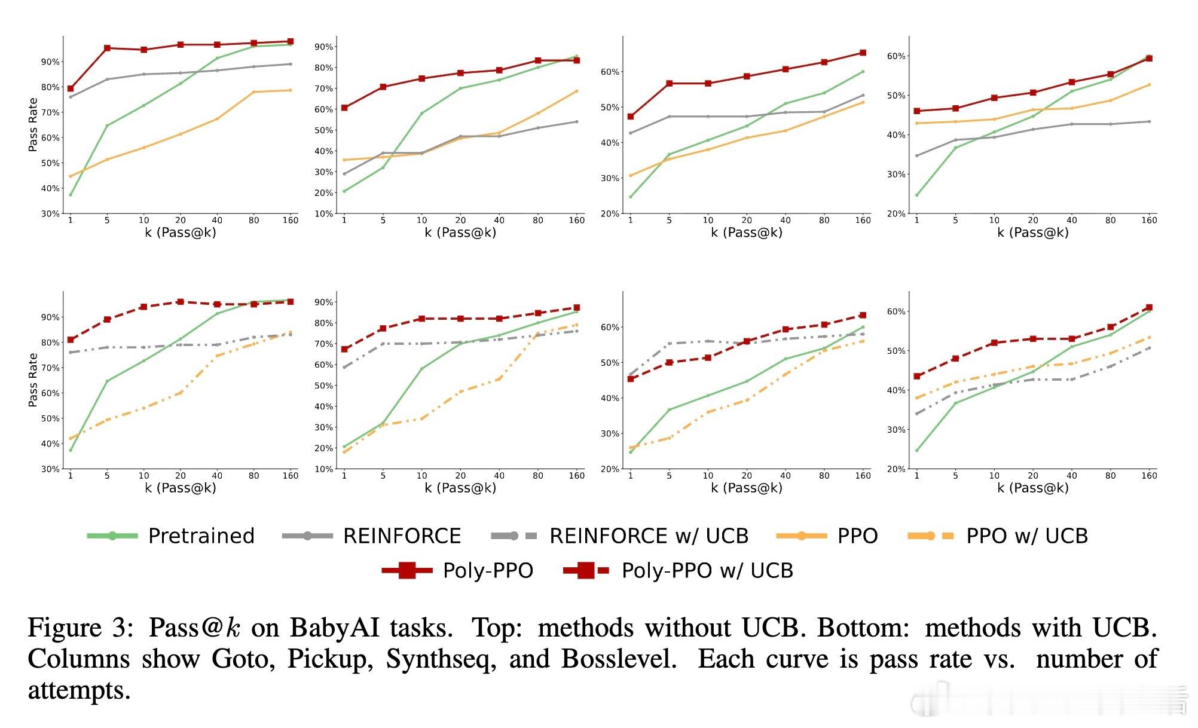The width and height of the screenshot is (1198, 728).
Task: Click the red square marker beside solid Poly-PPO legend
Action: coord(407,570)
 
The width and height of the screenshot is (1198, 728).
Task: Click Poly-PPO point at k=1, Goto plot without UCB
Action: coord(71,88)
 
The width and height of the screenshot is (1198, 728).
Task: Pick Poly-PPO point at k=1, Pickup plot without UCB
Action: coord(344,108)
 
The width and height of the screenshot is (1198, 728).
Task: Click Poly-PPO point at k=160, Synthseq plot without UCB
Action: coord(863,53)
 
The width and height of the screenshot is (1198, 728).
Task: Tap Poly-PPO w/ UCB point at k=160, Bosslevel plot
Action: coord(1149,307)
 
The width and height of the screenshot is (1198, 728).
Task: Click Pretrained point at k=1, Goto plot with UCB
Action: coord(71,450)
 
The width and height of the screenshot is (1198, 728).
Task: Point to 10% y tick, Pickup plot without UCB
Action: coord(323,213)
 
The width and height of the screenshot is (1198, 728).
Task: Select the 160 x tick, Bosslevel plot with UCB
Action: coord(1149,476)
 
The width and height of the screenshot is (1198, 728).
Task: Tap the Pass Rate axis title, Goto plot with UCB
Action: coord(33,380)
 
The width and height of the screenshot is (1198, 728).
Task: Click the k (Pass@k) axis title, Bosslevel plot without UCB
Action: coord(1032,233)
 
